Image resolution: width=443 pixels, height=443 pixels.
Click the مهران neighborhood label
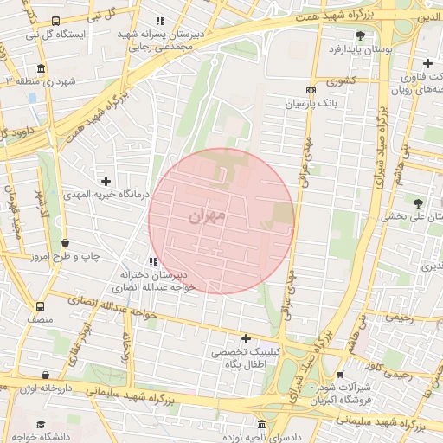[x=206, y=214]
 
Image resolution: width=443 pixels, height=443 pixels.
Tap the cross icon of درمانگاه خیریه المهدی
[x=106, y=182]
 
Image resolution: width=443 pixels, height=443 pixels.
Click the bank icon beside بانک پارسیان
[x=311, y=90]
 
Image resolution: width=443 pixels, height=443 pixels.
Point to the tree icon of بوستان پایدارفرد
[x=360, y=35]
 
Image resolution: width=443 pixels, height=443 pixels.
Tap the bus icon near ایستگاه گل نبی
[x=56, y=21]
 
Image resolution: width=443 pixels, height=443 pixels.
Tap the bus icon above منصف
[x=40, y=307]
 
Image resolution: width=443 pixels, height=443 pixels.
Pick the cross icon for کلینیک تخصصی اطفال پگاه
[x=247, y=338]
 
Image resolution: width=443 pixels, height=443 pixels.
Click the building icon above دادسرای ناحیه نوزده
[x=262, y=424]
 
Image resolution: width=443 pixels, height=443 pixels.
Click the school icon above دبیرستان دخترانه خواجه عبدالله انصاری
[x=153, y=260]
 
